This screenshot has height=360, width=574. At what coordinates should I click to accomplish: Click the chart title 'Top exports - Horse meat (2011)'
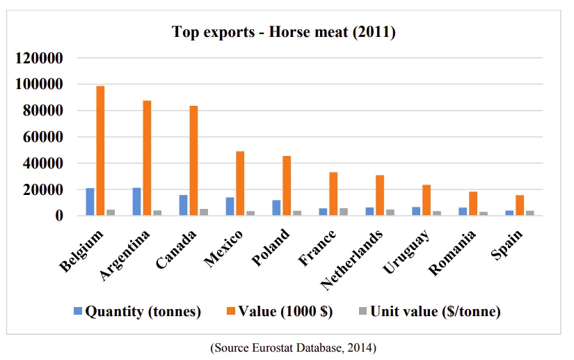click(284, 32)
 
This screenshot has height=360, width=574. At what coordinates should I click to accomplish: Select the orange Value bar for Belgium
click(100, 150)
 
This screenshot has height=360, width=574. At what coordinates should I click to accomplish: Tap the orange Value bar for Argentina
click(147, 158)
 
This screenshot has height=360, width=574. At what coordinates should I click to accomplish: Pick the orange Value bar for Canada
click(193, 160)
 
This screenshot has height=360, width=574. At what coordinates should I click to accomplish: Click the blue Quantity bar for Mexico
click(230, 206)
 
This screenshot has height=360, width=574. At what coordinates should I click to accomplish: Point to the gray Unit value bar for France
click(343, 212)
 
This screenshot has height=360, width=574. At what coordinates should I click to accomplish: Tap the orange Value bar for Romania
click(473, 203)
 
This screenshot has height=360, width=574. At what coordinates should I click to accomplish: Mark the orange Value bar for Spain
click(520, 205)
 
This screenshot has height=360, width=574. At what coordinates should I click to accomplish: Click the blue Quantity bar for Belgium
click(90, 201)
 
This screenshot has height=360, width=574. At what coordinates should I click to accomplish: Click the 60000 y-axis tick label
click(39, 137)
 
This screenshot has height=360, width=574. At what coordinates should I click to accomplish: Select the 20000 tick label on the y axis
click(39, 189)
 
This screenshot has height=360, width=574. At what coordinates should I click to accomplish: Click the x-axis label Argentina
click(126, 256)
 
